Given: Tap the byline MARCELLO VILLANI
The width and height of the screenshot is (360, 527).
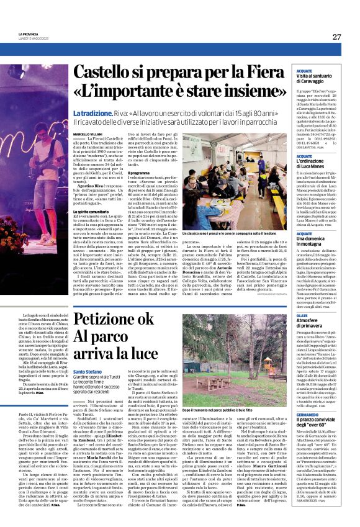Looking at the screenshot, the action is coord(88,135).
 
